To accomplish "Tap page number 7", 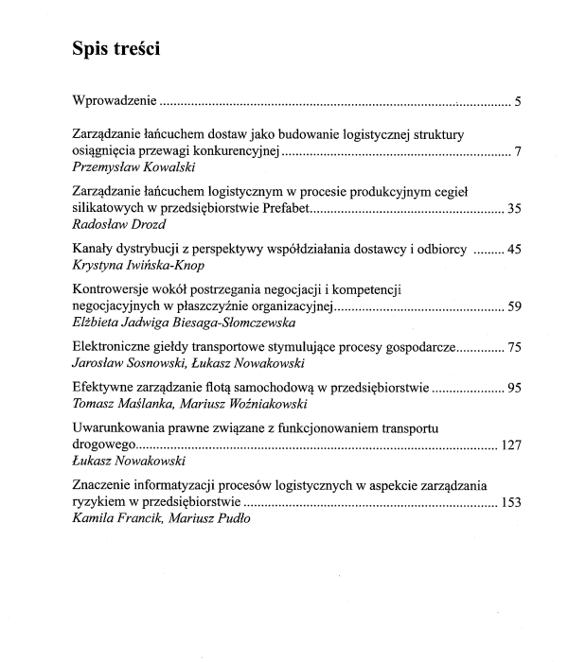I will pyautogui.click(x=518, y=150).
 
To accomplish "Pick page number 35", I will pyautogui.click(x=514, y=209).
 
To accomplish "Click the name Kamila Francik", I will pyautogui.click(x=114, y=518).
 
